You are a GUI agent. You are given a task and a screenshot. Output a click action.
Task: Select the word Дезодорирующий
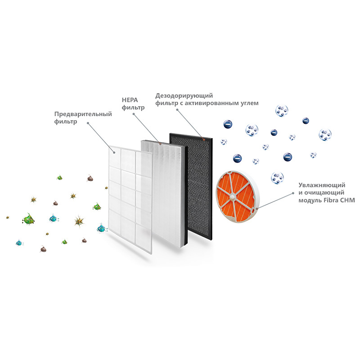(184, 96)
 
